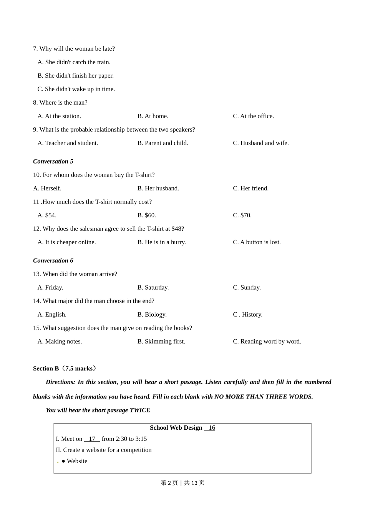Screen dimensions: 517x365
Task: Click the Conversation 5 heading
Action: pyautogui.click(x=53, y=161)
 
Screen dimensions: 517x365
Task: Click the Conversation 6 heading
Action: pyautogui.click(x=53, y=260)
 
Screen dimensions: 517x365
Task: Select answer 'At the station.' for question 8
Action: pyautogui.click(x=59, y=116)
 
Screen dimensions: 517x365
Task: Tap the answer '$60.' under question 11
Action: pyautogui.click(x=146, y=215)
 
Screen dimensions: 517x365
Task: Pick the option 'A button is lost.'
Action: pyautogui.click(x=257, y=242)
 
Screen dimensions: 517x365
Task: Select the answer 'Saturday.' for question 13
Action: pyautogui.click(x=153, y=288)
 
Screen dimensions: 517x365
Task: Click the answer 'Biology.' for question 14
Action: pyautogui.click(x=152, y=315)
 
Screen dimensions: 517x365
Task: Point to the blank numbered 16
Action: pyautogui.click(x=210, y=428)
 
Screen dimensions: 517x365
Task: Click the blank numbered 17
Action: pyautogui.click(x=92, y=439)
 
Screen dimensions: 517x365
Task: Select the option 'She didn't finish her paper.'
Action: pyautogui.click(x=75, y=76)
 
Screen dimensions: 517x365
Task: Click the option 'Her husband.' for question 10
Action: pyautogui.click(x=158, y=188)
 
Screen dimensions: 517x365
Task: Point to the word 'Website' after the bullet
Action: pyautogui.click(x=77, y=461)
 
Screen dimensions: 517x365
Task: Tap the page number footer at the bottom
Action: pyautogui.click(x=182, y=483)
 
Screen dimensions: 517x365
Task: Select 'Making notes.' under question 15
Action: pyautogui.click(x=60, y=342)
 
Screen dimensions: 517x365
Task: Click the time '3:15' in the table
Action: pyautogui.click(x=141, y=439)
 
